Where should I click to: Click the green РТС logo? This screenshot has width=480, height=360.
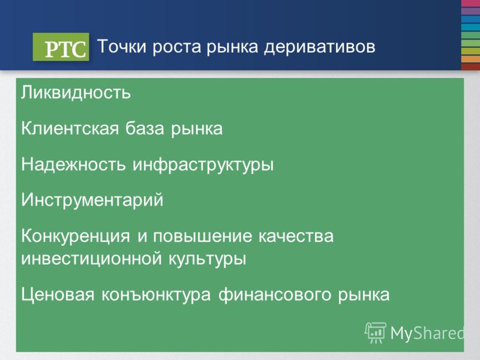[61, 47]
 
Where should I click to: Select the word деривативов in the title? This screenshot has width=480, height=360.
[320, 47]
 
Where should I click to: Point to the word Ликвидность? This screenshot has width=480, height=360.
[76, 92]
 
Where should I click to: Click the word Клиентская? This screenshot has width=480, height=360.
[70, 128]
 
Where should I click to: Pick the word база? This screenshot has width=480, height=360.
[145, 128]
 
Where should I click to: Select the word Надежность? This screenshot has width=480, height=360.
[73, 164]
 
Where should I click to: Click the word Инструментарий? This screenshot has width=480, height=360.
[92, 201]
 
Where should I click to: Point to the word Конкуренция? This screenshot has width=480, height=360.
[76, 237]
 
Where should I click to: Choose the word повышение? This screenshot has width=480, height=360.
[203, 236]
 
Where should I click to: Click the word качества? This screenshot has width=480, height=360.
[296, 236]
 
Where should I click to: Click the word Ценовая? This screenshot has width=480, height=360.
[58, 295]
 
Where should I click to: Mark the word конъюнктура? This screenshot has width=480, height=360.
[156, 295]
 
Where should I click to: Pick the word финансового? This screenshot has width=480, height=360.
[275, 295]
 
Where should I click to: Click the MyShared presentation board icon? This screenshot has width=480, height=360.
[376, 333]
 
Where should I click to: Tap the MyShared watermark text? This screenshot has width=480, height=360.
[427, 333]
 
